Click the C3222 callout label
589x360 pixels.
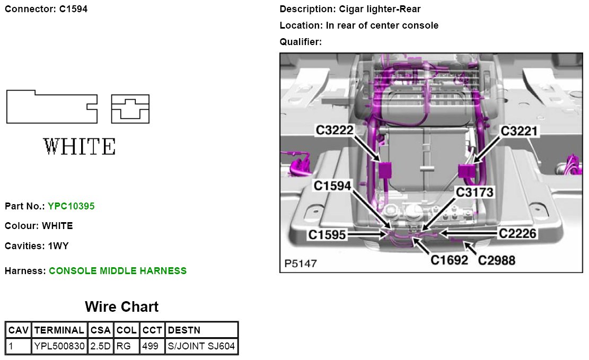click(x=335, y=130)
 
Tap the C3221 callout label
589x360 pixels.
click(x=520, y=130)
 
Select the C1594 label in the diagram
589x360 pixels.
click(x=332, y=186)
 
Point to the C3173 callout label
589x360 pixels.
click(x=474, y=192)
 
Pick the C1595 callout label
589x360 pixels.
click(x=327, y=234)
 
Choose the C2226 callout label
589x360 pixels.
click(x=518, y=233)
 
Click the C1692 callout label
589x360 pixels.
click(x=449, y=260)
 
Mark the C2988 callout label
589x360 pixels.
click(x=497, y=260)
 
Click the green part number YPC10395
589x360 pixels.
click(x=71, y=206)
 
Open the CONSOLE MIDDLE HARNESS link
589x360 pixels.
click(x=118, y=271)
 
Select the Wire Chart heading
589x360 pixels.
click(x=121, y=306)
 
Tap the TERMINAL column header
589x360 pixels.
click(x=59, y=330)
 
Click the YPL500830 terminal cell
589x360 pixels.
click(x=59, y=347)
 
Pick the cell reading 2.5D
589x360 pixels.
click(x=100, y=347)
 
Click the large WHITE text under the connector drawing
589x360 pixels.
click(x=79, y=146)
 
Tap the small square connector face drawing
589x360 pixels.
click(x=130, y=109)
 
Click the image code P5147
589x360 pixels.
click(x=301, y=263)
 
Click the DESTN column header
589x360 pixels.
click(x=184, y=330)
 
